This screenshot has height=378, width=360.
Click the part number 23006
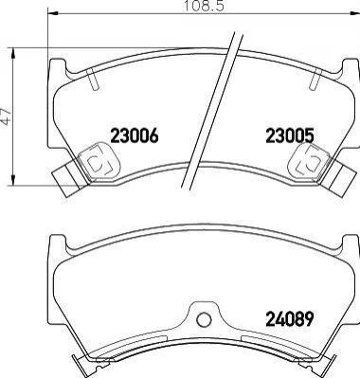(134, 136)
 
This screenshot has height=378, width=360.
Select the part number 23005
(290, 136)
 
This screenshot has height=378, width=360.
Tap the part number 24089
(290, 318)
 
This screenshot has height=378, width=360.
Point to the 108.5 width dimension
(204, 6)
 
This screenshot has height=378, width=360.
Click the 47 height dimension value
(6, 117)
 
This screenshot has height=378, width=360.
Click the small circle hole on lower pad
(204, 319)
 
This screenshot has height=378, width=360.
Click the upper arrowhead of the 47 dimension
(13, 53)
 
